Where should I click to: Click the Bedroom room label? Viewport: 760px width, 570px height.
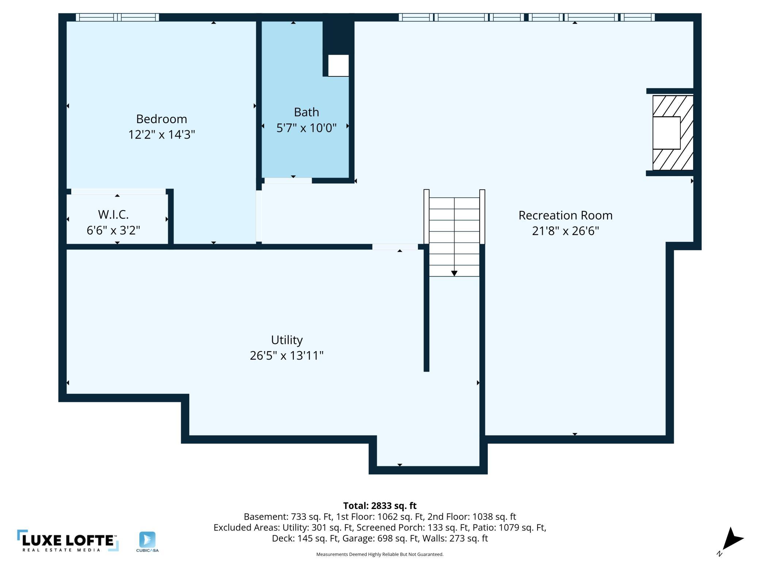tap(161, 119)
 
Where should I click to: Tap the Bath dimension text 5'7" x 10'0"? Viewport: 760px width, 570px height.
tap(306, 128)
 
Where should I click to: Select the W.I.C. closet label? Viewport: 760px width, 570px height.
tap(113, 214)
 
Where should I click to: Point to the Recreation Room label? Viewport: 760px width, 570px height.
tap(565, 215)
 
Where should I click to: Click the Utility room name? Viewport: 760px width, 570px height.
tap(287, 340)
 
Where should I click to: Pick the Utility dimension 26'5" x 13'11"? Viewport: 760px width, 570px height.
tap(287, 356)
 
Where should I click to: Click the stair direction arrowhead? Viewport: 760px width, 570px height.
tap(454, 273)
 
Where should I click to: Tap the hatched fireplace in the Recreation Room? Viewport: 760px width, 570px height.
tap(673, 133)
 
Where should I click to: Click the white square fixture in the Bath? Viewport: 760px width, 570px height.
tap(338, 65)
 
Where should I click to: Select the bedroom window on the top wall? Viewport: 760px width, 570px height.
tap(117, 17)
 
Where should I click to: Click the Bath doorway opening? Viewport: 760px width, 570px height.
tap(288, 180)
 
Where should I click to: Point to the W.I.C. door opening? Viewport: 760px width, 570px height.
tap(118, 191)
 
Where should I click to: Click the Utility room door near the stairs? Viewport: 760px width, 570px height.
tap(395, 247)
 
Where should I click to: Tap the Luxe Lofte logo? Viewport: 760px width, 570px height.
tap(68, 540)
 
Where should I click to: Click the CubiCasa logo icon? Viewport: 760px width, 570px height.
tap(147, 540)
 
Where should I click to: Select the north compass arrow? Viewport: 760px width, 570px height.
tap(731, 541)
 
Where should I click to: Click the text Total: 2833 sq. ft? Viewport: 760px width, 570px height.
tap(380, 506)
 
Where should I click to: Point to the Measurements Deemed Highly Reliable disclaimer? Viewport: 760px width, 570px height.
tap(380, 554)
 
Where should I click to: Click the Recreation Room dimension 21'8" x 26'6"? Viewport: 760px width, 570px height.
tap(565, 231)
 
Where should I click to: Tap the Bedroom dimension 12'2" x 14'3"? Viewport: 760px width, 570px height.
tap(161, 134)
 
